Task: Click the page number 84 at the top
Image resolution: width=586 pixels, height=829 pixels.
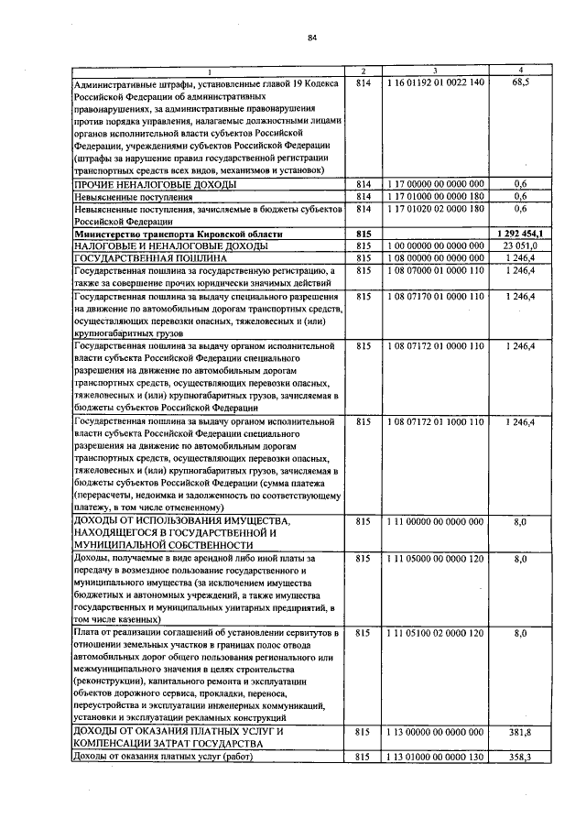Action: click(x=311, y=38)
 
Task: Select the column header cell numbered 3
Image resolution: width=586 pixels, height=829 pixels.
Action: click(x=435, y=72)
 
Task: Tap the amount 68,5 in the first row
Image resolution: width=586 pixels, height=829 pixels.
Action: click(x=521, y=82)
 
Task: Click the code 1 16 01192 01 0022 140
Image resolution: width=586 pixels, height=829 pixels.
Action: click(x=435, y=82)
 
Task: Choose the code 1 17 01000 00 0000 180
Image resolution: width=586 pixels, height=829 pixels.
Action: click(x=435, y=196)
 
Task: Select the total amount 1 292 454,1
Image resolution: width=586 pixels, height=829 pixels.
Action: click(x=521, y=234)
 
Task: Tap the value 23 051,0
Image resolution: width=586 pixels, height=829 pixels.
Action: click(x=521, y=246)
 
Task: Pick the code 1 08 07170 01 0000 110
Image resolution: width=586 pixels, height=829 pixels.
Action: click(x=435, y=297)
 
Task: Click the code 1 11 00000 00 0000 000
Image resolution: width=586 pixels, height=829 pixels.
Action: click(x=435, y=521)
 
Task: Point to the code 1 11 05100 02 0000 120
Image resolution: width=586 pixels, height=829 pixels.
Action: click(x=435, y=633)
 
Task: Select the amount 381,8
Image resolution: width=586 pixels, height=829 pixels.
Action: click(x=521, y=734)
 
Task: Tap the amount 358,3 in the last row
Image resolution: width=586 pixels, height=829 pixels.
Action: click(x=521, y=758)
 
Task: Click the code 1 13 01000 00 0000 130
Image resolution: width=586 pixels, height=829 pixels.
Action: click(x=435, y=758)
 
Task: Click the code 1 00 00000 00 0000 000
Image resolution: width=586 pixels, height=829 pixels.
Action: click(x=435, y=246)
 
